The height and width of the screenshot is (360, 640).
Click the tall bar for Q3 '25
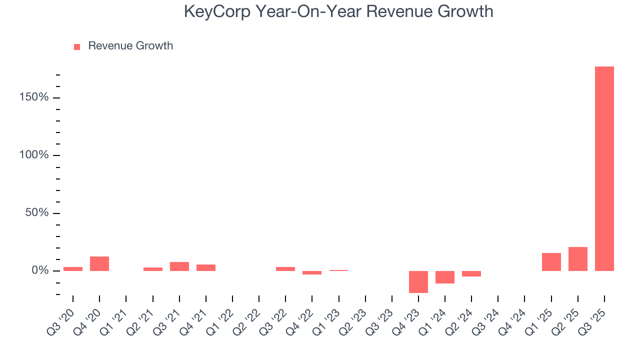coord(604,168)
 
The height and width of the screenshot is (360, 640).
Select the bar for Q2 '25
coord(577,259)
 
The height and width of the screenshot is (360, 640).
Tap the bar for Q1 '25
coord(551,262)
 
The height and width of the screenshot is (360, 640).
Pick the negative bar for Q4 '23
coord(418,281)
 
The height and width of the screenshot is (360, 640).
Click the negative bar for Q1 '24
coord(444,277)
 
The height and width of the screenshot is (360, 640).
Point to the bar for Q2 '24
coord(471,273)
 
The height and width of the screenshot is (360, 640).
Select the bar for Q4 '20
coord(99,263)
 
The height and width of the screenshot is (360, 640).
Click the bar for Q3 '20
coord(73,269)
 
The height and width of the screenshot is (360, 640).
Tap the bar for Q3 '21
coord(179,266)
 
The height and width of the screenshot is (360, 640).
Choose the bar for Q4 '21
coord(205,267)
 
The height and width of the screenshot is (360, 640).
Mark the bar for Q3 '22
coord(285,269)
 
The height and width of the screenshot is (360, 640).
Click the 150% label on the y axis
coord(34,97)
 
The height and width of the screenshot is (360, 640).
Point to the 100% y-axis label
coord(34,155)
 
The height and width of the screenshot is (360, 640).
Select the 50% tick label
coord(37,213)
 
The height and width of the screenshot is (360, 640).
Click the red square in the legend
coord(77,46)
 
